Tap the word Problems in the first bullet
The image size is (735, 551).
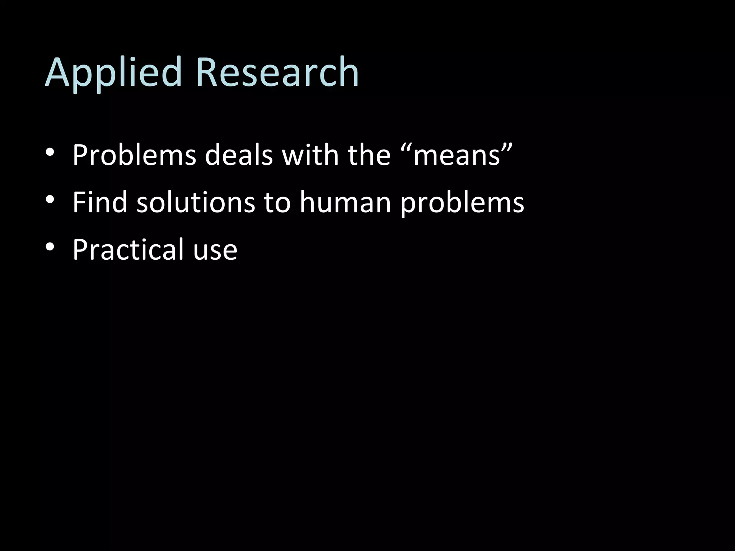point(134,155)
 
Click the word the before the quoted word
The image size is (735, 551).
point(369,155)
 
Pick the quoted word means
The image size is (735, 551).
point(457,156)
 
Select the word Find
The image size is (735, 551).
point(100,202)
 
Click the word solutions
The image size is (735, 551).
point(196,202)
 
